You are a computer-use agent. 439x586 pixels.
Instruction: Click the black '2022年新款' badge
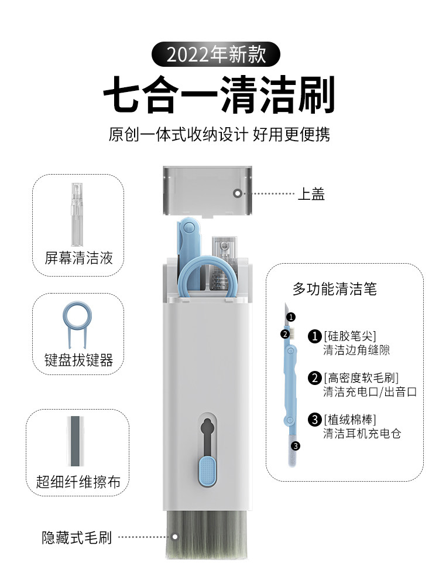(x=216, y=54)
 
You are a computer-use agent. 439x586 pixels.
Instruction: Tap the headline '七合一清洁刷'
(x=219, y=94)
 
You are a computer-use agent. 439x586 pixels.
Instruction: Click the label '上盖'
(x=311, y=194)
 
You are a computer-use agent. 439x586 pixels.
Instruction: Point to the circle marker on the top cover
(x=238, y=193)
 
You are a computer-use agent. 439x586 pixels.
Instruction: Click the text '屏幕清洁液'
(x=78, y=258)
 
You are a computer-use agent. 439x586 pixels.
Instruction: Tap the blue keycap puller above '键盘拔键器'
(x=77, y=324)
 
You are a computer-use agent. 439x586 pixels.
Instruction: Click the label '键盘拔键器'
(x=79, y=360)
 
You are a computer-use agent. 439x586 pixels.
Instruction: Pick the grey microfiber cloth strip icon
(x=75, y=441)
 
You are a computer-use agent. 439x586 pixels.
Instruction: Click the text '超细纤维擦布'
(x=78, y=482)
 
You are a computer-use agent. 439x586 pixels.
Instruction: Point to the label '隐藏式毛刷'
(x=77, y=537)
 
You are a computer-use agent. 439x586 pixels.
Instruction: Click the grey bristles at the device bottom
(x=207, y=534)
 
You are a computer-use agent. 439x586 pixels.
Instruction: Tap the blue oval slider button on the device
(x=207, y=471)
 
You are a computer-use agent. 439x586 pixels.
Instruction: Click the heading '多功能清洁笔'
(x=334, y=289)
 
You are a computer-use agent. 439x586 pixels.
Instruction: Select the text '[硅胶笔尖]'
(x=350, y=336)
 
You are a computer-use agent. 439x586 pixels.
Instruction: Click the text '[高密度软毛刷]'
(x=361, y=378)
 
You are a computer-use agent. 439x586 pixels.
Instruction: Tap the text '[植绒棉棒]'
(x=350, y=420)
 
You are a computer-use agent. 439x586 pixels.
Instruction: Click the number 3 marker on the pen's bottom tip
(x=295, y=446)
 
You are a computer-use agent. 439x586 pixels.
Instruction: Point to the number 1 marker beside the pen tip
(x=291, y=317)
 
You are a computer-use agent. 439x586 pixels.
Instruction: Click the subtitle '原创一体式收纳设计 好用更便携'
(x=219, y=135)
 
